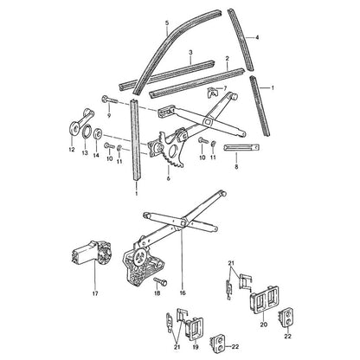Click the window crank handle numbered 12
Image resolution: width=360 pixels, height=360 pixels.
(x=79, y=122)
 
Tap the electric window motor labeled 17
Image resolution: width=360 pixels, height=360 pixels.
(x=91, y=253)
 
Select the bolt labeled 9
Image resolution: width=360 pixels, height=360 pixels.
(x=110, y=100)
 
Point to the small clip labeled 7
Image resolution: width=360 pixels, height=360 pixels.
(x=212, y=92)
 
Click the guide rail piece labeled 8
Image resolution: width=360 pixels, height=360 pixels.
(x=241, y=147)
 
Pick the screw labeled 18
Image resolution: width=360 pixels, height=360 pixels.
(x=160, y=281)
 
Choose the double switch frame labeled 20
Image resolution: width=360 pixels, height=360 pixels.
(x=264, y=299)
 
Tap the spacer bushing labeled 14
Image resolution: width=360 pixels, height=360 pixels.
(x=98, y=133)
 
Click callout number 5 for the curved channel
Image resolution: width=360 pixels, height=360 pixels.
(x=167, y=22)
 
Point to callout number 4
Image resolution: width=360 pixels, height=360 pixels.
(x=257, y=37)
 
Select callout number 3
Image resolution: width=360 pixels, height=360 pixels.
(x=190, y=53)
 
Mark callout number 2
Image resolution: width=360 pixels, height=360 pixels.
(x=227, y=59)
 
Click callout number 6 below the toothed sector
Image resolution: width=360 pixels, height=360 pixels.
(x=169, y=178)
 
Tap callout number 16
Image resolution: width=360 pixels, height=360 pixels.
(x=183, y=293)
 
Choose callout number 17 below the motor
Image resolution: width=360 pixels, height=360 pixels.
(x=95, y=293)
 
